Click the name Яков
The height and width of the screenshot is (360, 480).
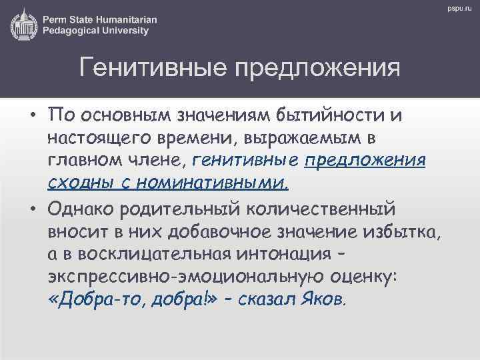(x=323, y=299)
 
